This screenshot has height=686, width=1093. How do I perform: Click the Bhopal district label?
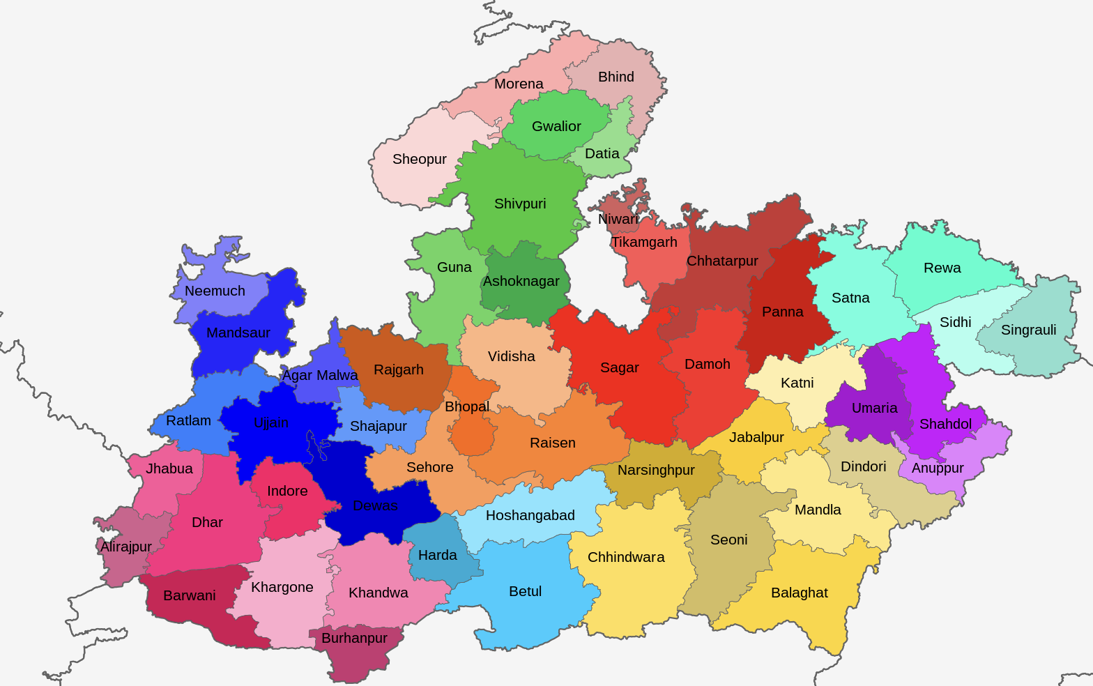click(x=467, y=406)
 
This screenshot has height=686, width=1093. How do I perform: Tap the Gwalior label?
click(x=556, y=126)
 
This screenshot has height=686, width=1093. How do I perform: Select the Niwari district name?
click(x=618, y=219)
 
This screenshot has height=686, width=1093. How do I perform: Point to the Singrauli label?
click(x=1028, y=330)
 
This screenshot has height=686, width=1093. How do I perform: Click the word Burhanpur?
click(x=354, y=638)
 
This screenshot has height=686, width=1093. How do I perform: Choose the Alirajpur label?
click(x=126, y=547)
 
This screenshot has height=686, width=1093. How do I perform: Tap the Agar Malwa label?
click(x=320, y=375)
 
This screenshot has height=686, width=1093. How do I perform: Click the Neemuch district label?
click(x=215, y=291)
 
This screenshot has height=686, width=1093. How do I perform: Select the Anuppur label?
click(x=938, y=468)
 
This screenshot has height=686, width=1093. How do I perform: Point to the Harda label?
click(x=438, y=555)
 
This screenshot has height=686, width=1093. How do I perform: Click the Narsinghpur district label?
click(x=656, y=470)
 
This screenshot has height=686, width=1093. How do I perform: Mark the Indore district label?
click(x=287, y=491)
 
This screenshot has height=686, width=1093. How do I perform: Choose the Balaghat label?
click(x=800, y=593)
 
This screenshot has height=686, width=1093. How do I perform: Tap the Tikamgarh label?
click(x=644, y=242)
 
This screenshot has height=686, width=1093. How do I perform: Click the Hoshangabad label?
click(x=530, y=515)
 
